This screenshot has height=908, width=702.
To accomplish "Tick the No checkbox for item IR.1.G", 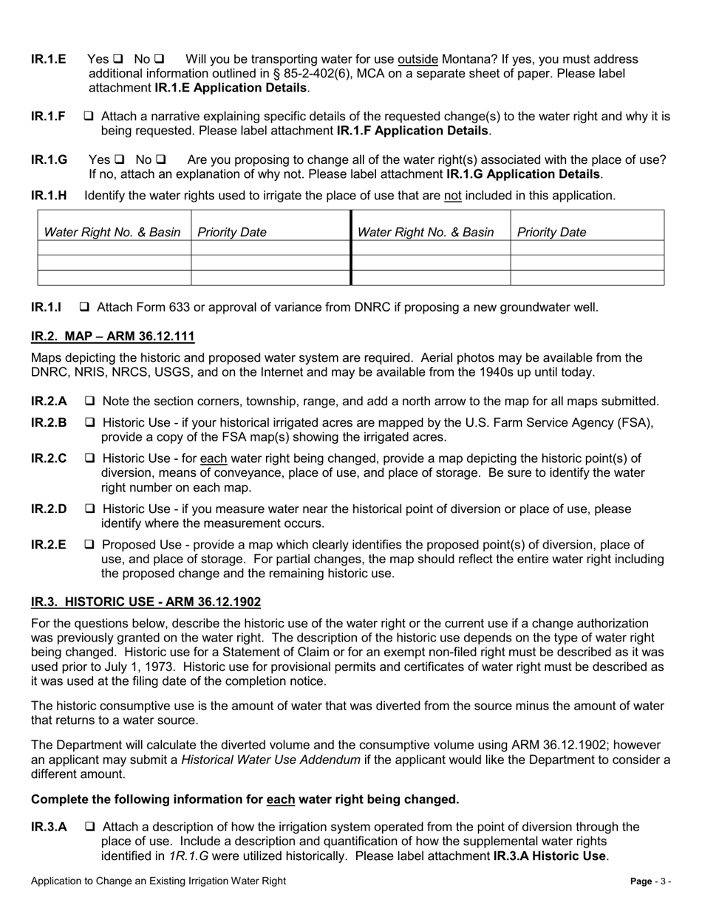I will pos(161,160).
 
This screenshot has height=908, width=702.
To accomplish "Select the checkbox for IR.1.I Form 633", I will pos(85,306).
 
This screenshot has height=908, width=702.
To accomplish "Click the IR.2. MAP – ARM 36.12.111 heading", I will pos(112,337).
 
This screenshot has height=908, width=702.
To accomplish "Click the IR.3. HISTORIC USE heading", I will pos(146,602).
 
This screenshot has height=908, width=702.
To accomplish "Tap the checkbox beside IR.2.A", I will pos(90,402).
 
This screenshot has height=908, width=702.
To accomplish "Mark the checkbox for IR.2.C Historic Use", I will pos(90,458).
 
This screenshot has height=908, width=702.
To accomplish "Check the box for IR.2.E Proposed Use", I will pos(90,545).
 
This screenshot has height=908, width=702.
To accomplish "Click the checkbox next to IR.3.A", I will pos(90,828).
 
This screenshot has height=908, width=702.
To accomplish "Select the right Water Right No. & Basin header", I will pos(426,233).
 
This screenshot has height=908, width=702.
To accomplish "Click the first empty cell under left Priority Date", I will pos(270,248).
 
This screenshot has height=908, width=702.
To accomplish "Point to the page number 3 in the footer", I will pos(667,881).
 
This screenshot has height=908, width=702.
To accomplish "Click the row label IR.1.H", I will pos(49,196).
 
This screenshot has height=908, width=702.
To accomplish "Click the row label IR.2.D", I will pos(49,509).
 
